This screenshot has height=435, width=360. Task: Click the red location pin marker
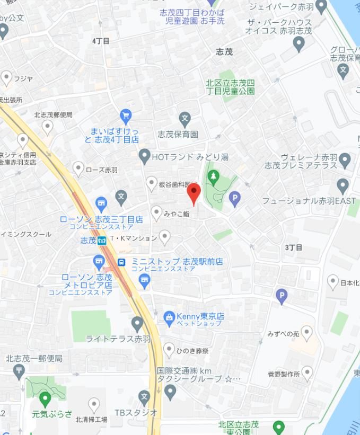coord(194,194)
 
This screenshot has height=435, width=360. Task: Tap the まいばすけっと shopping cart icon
coord(126,115)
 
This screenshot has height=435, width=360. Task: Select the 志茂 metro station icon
coord(102,241)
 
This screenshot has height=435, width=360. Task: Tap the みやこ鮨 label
coord(177,214)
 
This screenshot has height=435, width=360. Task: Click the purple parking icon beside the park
coord(234,199)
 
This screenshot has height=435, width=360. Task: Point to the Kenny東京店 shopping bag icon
coord(169,317)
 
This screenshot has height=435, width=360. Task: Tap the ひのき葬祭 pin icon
coord(169,350)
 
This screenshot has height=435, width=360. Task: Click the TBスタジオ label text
coord(136,412)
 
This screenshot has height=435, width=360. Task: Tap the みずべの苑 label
coord(283,334)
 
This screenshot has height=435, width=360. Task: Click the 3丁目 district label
coord(294,247)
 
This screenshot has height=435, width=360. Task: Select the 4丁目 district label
coord(101,41)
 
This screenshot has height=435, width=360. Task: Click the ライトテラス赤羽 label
coord(118,339)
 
